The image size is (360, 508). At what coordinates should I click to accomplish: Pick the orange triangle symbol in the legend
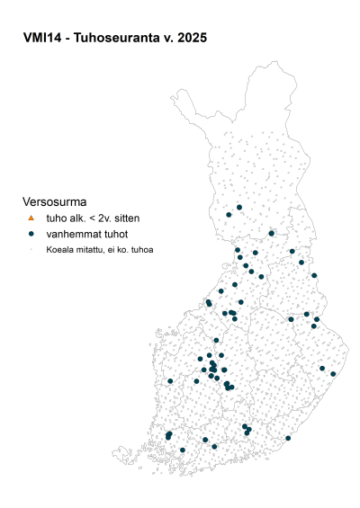tap(31, 218)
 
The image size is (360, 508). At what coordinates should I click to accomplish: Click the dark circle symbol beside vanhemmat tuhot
tap(31, 234)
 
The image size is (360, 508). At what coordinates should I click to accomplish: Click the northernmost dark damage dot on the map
tap(239, 208)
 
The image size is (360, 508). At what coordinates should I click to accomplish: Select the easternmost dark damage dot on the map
tap(333, 373)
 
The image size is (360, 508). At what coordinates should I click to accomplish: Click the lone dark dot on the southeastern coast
tap(288, 438)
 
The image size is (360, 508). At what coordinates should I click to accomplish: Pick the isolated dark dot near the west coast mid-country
tap(170, 381)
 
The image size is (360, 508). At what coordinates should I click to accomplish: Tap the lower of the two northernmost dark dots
tap(229, 214)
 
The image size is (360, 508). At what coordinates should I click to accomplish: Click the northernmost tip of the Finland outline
tap(253, 64)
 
